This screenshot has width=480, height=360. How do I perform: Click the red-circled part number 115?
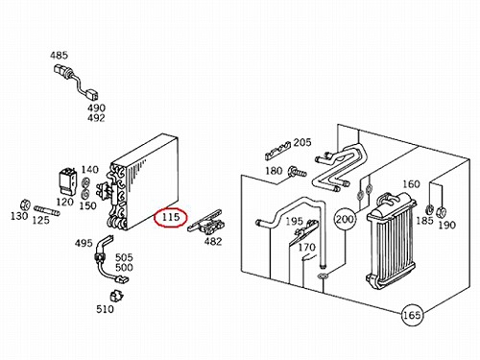[171, 217]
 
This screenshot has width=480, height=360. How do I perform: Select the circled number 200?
[345, 220]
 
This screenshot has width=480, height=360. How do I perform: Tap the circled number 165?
[412, 315]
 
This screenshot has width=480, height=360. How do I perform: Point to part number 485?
[59, 56]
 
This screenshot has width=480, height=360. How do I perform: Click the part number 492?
[96, 118]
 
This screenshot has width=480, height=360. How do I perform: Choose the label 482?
[213, 241]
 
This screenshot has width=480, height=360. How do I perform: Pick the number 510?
[105, 309]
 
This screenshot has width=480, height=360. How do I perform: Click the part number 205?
[302, 142]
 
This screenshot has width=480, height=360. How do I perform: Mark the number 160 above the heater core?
[411, 184]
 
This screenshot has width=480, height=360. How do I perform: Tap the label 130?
[19, 216]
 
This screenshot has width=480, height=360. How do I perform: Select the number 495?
[84, 243]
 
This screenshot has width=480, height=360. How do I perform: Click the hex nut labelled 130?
[25, 204]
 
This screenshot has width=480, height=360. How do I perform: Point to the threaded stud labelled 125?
[46, 210]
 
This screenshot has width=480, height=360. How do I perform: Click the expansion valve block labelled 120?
[68, 181]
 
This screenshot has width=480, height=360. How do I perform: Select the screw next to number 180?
[298, 172]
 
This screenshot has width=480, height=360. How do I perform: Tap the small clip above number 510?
[116, 296]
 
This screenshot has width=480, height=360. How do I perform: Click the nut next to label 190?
[442, 212]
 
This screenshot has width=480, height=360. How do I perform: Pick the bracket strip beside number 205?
[277, 151]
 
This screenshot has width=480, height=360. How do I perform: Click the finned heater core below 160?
[391, 241]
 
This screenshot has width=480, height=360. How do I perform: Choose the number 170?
[307, 247]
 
